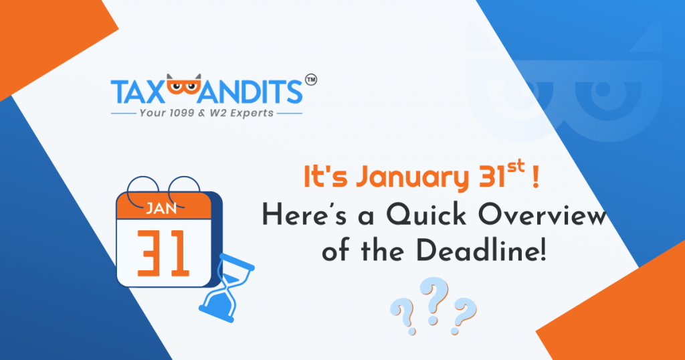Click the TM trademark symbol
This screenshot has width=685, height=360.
(x=311, y=80)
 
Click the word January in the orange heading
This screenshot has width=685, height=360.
(x=411, y=178)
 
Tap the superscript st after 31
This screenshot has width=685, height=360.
(x=516, y=168)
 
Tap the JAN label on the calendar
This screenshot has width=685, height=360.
(x=161, y=209)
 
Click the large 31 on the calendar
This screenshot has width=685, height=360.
(x=163, y=254)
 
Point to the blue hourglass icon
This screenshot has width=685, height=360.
(x=227, y=288)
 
